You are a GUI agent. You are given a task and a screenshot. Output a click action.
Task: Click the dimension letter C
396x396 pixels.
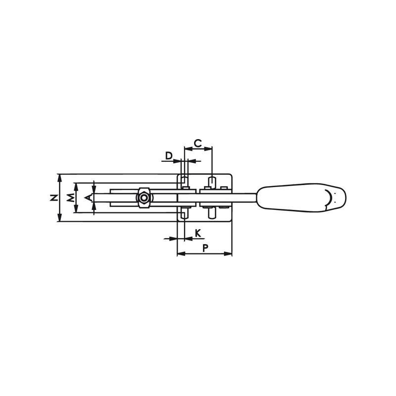(198, 143)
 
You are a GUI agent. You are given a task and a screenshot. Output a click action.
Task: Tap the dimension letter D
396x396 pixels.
(168, 155)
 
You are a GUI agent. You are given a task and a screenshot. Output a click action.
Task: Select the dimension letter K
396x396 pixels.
(198, 233)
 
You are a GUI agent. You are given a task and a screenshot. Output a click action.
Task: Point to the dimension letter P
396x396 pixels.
(205, 248)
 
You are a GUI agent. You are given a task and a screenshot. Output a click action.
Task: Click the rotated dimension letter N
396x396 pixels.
(53, 198)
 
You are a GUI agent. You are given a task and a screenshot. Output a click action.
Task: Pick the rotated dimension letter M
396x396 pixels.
(70, 198)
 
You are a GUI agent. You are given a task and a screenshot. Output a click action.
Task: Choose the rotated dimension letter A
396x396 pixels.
(88, 198)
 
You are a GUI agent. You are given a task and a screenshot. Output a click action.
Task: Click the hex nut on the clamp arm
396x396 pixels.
(144, 198)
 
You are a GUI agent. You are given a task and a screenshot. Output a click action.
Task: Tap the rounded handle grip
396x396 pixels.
(301, 198)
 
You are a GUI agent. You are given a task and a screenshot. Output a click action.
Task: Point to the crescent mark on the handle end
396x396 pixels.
(329, 198)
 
